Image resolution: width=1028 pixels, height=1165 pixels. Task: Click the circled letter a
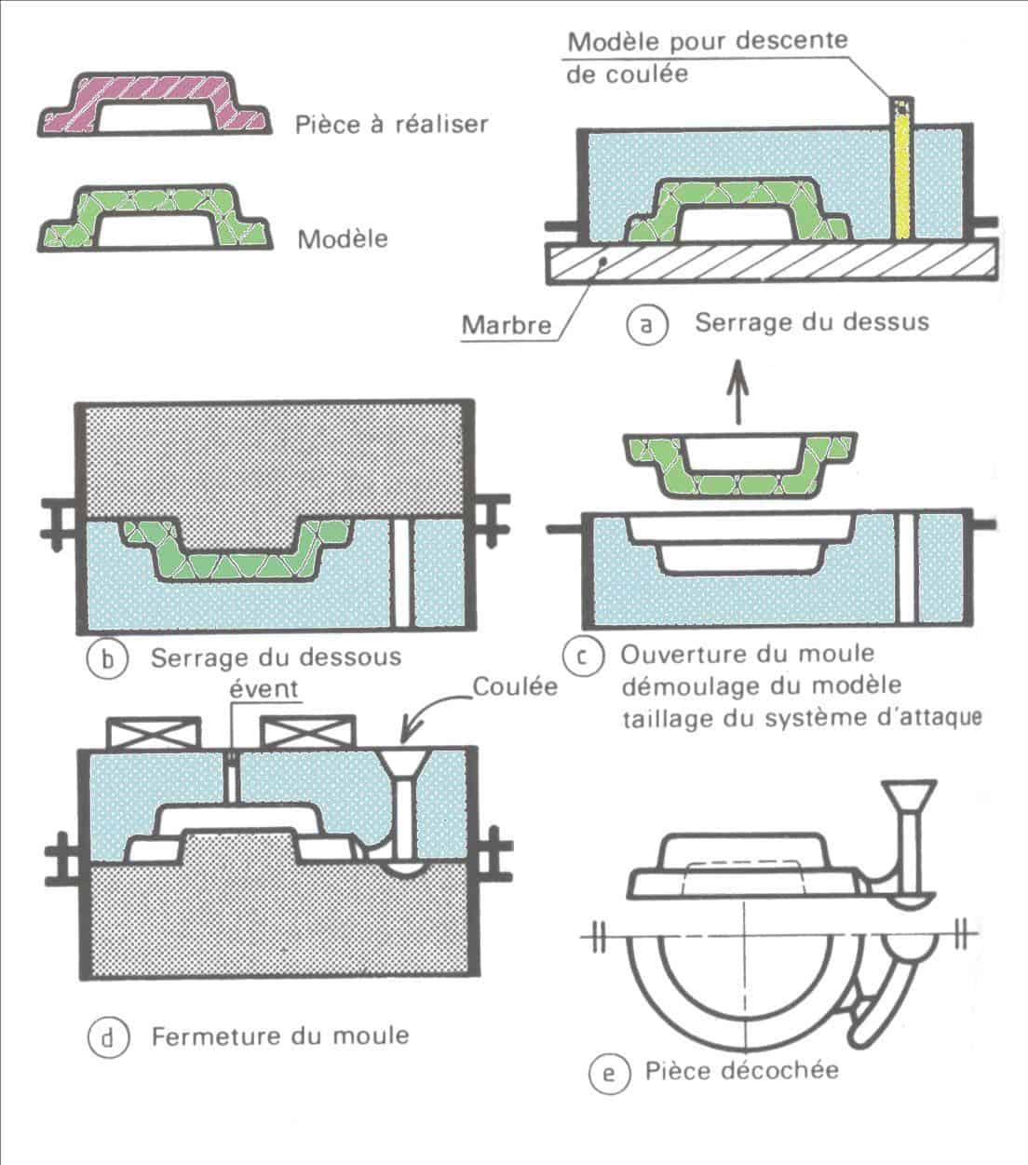(x=647, y=325)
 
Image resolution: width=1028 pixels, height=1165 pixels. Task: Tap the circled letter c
(x=584, y=656)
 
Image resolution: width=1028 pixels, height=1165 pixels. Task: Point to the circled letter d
(x=107, y=1036)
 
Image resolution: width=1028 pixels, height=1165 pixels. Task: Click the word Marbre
(x=506, y=325)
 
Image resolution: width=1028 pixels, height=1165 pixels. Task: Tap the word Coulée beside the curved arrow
(x=515, y=686)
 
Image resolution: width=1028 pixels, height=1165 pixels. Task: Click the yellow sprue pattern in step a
(x=900, y=172)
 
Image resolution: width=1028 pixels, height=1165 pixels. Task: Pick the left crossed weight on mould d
(x=155, y=734)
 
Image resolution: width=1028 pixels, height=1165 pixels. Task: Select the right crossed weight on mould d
(x=308, y=734)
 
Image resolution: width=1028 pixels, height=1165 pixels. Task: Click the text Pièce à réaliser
(x=391, y=124)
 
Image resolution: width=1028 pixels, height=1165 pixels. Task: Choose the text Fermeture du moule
(x=279, y=1036)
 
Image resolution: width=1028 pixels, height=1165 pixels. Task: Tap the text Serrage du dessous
(x=276, y=657)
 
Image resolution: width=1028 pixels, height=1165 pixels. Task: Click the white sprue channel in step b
(x=401, y=572)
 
